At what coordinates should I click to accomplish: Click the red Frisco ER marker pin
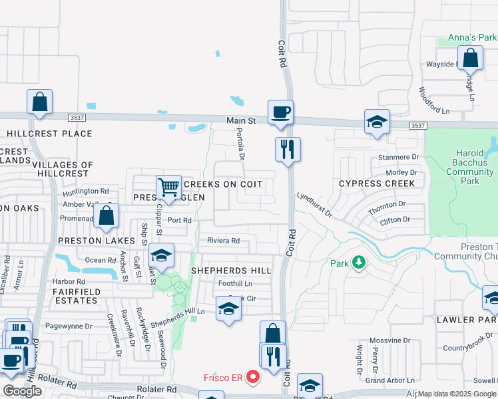[x=252, y=378]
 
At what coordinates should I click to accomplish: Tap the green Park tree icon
[x=359, y=263]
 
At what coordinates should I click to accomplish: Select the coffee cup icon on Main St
[x=280, y=112]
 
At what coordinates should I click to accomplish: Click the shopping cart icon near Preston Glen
[x=168, y=187]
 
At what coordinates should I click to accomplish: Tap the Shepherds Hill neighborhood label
[x=231, y=271]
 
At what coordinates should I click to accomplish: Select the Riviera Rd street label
[x=222, y=241]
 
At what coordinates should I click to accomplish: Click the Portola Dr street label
[x=241, y=145]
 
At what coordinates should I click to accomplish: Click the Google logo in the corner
[x=22, y=391]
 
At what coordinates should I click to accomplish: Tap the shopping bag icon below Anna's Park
[x=470, y=59]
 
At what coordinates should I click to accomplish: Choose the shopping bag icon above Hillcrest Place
[x=39, y=102]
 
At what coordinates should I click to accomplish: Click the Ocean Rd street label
[x=101, y=260]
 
